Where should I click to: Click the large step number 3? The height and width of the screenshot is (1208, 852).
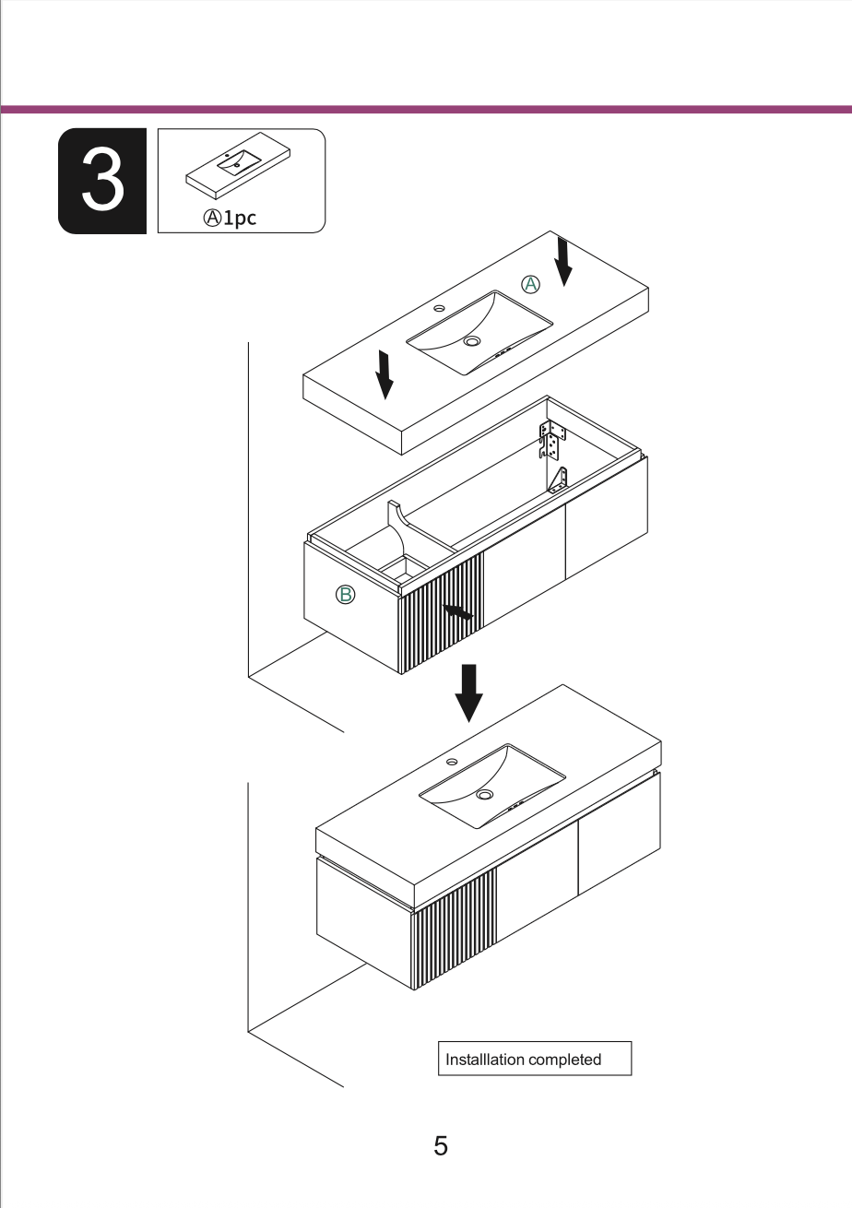point(102,180)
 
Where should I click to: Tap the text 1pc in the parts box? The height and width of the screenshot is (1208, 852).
point(240,218)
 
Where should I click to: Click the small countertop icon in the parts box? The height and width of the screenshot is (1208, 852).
point(238,165)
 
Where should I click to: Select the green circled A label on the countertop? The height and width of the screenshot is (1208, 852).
point(530,284)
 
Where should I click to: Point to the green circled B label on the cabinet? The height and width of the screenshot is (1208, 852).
point(345,595)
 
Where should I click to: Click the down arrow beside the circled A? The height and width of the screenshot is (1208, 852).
point(563,262)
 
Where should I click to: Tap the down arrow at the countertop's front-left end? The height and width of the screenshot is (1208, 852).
point(385,374)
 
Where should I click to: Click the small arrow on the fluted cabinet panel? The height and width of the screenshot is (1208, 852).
point(457,611)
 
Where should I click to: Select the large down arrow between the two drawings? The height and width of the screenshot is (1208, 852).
point(468,693)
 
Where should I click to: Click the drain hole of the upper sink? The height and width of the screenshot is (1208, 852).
point(472,341)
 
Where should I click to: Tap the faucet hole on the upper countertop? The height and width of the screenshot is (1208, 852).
point(440,309)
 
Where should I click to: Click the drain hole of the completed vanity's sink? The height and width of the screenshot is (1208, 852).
point(485,794)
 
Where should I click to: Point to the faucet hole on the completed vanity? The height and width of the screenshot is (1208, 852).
point(452,762)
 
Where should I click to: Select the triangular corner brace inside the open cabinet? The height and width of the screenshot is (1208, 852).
point(559,480)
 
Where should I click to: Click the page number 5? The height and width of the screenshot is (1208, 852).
point(441,1145)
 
